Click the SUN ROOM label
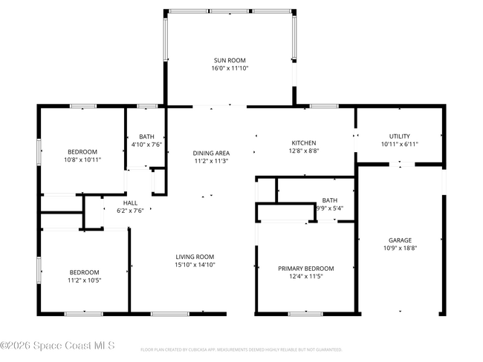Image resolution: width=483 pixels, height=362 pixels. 229,60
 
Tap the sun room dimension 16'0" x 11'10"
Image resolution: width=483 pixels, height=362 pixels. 229,68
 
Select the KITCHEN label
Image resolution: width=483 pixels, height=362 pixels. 303,143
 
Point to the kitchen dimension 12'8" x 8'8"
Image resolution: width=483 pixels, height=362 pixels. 303,151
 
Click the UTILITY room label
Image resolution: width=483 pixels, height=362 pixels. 400,136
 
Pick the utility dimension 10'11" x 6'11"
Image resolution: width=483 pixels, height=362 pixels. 400,144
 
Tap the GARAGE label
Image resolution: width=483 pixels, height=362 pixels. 400,240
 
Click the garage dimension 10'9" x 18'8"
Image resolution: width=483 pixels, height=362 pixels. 400,249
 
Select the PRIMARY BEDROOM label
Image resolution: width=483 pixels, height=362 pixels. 305,269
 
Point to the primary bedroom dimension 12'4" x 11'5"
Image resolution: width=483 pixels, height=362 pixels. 305,277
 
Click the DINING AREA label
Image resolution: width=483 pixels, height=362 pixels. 211,153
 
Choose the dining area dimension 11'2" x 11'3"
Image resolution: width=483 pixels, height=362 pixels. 211,161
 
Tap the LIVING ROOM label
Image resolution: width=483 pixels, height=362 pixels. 195,256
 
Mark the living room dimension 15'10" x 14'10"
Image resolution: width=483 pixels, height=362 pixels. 195,264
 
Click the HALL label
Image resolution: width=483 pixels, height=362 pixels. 130,203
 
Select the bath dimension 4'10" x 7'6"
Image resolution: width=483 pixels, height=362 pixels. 146,145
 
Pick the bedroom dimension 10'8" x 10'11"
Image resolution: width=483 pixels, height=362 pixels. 82,159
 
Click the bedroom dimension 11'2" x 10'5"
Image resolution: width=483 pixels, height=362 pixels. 84,280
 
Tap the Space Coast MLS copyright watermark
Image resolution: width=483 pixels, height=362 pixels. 58,345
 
